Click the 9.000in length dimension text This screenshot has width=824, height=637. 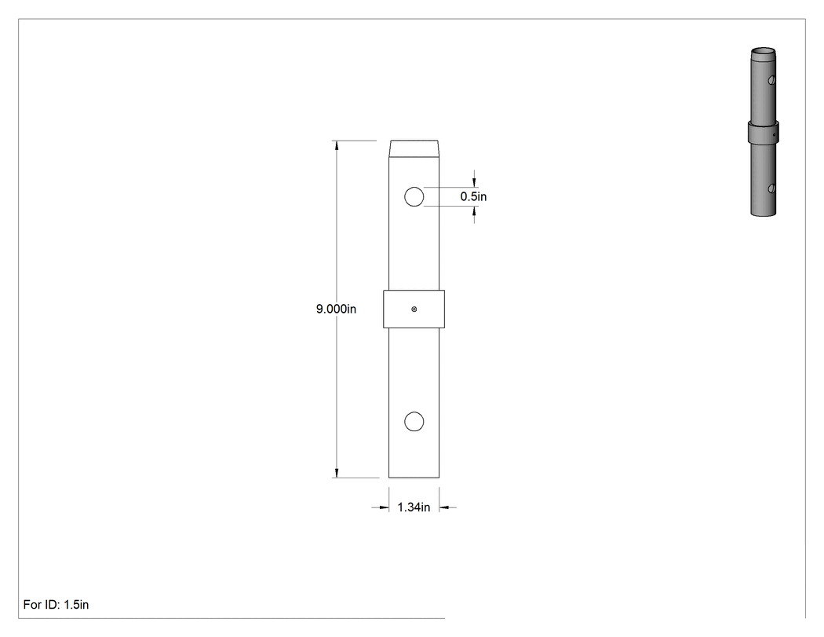tap(336, 309)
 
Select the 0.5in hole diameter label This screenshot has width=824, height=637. tap(473, 196)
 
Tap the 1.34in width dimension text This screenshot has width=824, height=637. tap(414, 507)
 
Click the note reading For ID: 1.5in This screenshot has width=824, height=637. tap(57, 604)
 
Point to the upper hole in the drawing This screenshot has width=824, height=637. tap(414, 196)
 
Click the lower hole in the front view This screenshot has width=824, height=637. tap(414, 421)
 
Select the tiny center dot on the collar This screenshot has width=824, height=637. tap(414, 309)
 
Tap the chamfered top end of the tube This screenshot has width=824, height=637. tap(414, 148)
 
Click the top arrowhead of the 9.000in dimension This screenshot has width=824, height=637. tap(337, 146)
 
